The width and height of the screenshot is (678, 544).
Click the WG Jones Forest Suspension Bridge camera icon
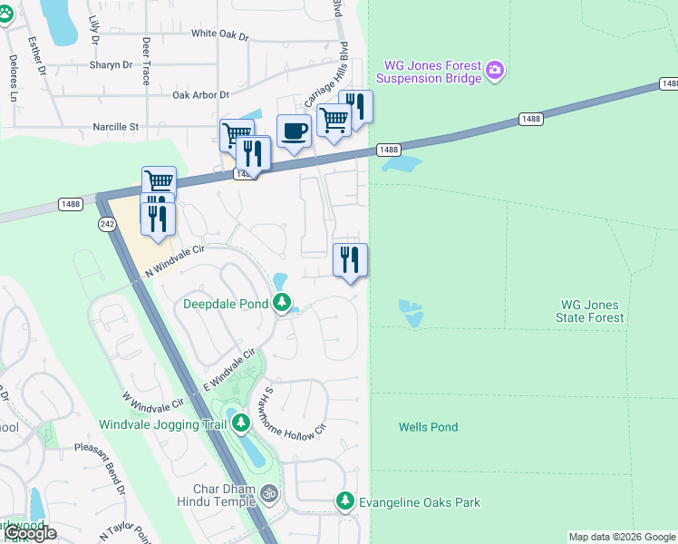point(494,71)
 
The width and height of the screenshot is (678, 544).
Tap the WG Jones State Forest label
point(591,311)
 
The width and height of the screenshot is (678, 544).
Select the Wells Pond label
point(428,427)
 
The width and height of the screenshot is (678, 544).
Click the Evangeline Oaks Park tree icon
point(344,500)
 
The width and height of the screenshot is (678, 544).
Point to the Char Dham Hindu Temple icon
point(268,494)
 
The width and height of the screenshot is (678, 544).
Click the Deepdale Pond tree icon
point(283,303)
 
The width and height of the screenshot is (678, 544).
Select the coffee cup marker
point(293,131)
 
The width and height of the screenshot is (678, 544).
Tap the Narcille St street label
point(115,127)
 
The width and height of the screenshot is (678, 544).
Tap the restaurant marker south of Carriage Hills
point(350,260)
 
